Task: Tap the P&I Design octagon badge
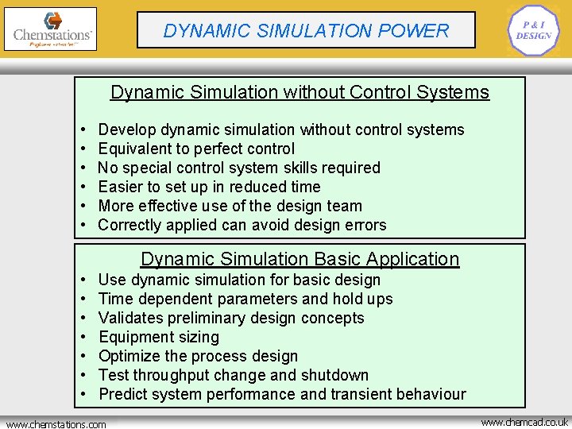pos(533,31)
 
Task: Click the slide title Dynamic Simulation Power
pos(306,31)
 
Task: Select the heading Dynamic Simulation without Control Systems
pos(300,92)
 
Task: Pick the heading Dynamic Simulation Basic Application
pos(300,259)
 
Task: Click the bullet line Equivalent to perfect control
pos(196,149)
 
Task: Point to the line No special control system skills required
pos(239,168)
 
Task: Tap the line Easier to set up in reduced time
pos(209,187)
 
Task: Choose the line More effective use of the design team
pos(230,206)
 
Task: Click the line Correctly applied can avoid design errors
pos(242,225)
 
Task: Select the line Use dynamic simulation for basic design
pos(239,280)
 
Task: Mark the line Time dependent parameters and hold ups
pos(245,299)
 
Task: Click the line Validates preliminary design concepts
pos(231,318)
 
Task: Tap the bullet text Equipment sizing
pos(159,337)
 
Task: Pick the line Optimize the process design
pos(198,356)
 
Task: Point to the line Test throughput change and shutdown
pos(234,375)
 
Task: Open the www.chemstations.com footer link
pos(56,424)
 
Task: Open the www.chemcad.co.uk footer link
pos(524,422)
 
